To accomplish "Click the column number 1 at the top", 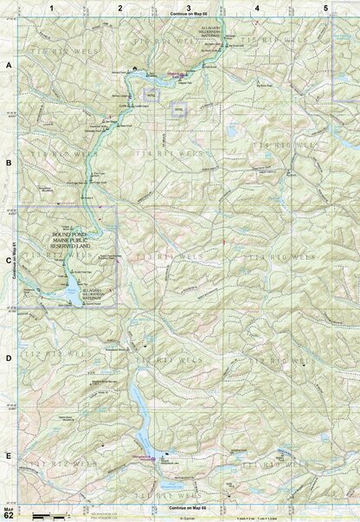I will (52, 7).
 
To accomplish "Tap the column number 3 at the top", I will (189, 7).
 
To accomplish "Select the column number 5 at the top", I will (325, 7).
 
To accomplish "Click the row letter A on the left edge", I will (9, 66).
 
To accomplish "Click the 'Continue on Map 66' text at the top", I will (189, 16).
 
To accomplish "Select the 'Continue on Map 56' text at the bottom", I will (189, 506).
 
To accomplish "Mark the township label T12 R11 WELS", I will (160, 358).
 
